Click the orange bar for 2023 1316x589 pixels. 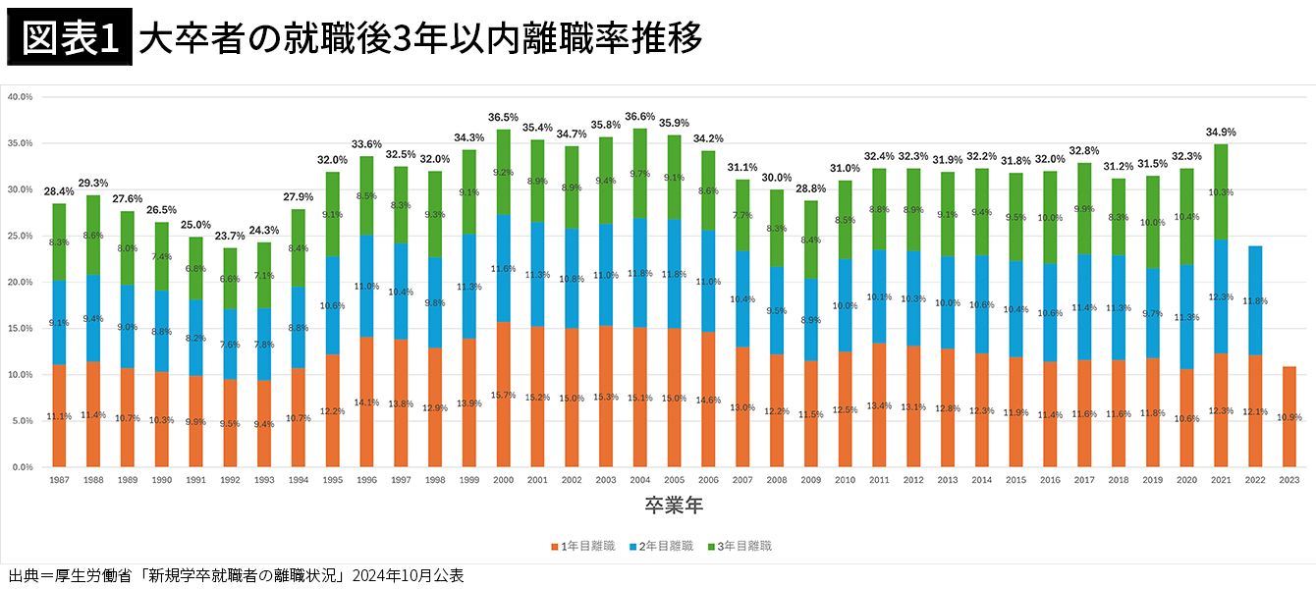pos(1289,417)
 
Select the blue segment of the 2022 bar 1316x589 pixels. pos(1255,299)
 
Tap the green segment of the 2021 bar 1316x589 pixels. pos(1221,191)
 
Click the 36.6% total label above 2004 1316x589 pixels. pos(640,117)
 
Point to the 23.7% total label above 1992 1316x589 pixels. pos(230,236)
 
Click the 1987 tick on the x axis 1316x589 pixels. pos(59,479)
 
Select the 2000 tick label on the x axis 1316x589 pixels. pos(504,479)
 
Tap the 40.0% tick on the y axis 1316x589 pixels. pos(20,97)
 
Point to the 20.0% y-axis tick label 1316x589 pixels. pos(20,283)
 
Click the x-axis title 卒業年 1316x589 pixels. pos(673,506)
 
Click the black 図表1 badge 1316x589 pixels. pos(69,39)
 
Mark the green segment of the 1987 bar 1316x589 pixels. pos(59,241)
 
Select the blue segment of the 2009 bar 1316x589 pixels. pos(811,319)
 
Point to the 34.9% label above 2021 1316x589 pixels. pos(1221,133)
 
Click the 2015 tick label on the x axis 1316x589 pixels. pos(1015,479)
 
